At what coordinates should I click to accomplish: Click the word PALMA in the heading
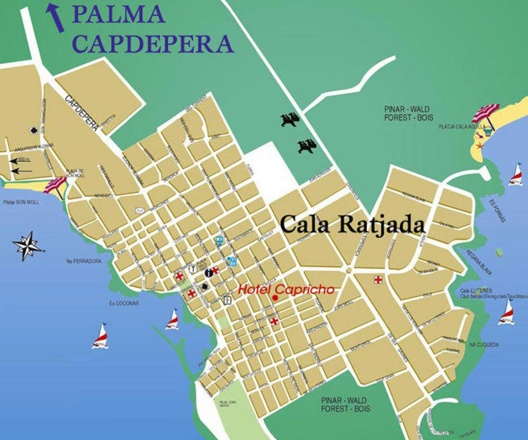click(118, 14)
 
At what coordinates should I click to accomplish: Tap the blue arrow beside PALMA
click(56, 17)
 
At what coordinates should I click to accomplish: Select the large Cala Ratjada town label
click(352, 224)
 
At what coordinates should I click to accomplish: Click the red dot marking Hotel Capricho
click(276, 298)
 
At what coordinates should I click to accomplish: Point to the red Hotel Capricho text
click(286, 289)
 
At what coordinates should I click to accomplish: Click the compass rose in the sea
click(27, 246)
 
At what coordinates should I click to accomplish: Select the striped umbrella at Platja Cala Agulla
click(485, 113)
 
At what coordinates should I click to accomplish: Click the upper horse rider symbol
click(290, 119)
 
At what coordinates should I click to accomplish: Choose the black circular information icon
click(209, 272)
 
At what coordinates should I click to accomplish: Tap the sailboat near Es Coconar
click(100, 336)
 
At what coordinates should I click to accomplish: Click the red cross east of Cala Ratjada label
click(379, 279)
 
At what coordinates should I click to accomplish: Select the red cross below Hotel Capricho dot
click(274, 321)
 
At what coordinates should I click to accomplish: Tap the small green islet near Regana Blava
click(499, 252)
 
